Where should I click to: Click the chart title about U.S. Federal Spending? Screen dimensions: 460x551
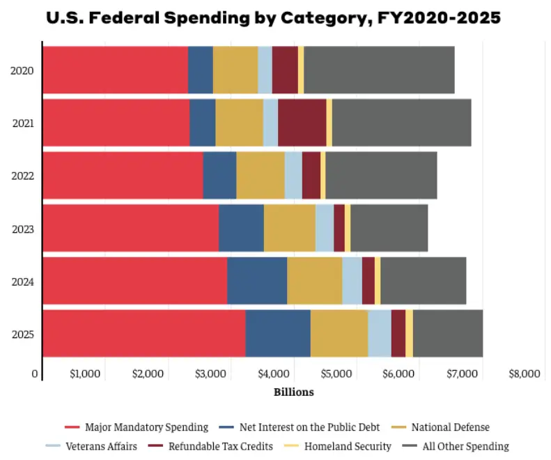(x=273, y=18)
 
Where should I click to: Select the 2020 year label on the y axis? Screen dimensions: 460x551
(x=23, y=70)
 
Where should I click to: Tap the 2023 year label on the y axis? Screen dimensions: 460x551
(x=23, y=229)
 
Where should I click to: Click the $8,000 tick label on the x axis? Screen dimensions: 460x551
(x=524, y=374)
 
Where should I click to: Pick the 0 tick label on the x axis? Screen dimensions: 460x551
(x=35, y=374)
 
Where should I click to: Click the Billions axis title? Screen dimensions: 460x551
(x=293, y=392)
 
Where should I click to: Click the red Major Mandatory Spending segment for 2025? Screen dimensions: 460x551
(x=143, y=334)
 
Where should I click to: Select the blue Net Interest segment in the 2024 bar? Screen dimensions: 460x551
(x=257, y=281)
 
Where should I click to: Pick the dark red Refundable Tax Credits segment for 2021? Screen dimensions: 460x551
(x=302, y=123)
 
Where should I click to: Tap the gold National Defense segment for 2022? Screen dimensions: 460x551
(x=261, y=176)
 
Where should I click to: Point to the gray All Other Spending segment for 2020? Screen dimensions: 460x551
(x=379, y=70)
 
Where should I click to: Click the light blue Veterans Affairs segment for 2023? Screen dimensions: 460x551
(x=324, y=229)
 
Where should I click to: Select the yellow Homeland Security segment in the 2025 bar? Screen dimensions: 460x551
(x=409, y=334)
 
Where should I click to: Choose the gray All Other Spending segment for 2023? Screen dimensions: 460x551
(x=389, y=229)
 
